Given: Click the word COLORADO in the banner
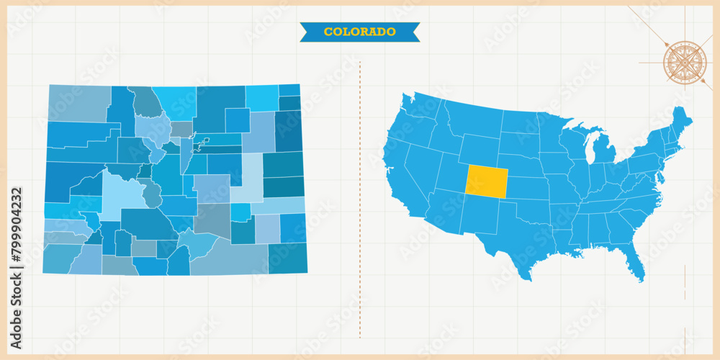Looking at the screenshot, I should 359,32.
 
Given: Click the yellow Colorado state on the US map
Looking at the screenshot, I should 486,181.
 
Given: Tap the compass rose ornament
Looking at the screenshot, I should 685,62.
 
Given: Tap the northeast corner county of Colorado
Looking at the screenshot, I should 289,90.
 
